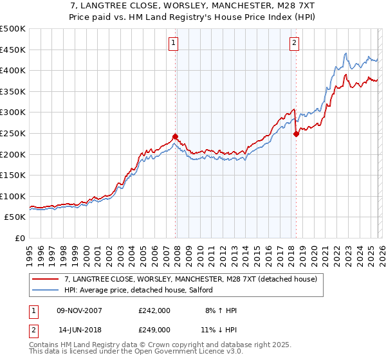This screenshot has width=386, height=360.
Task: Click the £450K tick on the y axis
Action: (13, 50)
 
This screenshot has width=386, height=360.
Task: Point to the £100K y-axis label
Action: (13, 196)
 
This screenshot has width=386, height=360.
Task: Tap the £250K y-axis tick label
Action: (13, 133)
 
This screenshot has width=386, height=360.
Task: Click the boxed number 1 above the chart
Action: (174, 43)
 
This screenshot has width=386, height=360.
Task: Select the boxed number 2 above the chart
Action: (294, 43)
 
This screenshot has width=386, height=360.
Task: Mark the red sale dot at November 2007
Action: (175, 136)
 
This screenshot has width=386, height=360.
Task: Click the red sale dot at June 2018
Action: (296, 134)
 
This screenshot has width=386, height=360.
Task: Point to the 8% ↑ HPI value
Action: (221, 310)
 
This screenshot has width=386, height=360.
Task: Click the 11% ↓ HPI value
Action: (221, 329)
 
